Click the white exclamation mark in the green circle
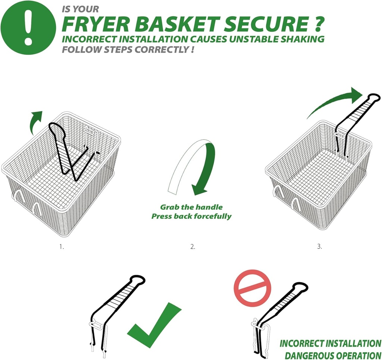28,27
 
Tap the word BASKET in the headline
176,24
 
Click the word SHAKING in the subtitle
302,39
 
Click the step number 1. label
62,247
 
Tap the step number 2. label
192,247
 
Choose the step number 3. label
319,247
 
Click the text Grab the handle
191,207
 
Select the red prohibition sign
253,288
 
